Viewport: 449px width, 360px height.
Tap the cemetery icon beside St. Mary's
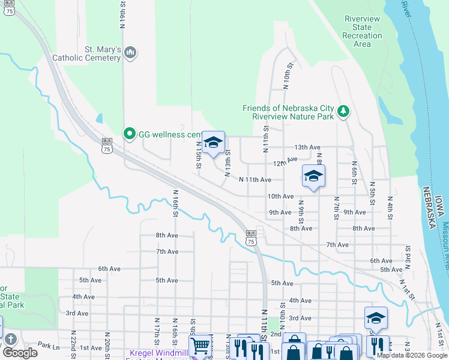[130, 54]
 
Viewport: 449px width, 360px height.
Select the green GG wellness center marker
[129, 134]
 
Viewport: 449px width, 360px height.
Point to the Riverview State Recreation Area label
[362, 31]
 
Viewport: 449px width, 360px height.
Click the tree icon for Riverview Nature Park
[343, 110]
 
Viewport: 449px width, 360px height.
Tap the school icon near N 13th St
[213, 143]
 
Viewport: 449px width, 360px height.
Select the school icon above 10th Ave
[313, 176]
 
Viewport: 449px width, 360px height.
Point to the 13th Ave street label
[307, 147]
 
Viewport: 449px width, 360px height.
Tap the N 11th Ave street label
[255, 179]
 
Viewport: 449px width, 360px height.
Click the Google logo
[20, 353]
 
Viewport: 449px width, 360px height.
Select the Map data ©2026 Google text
[412, 355]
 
